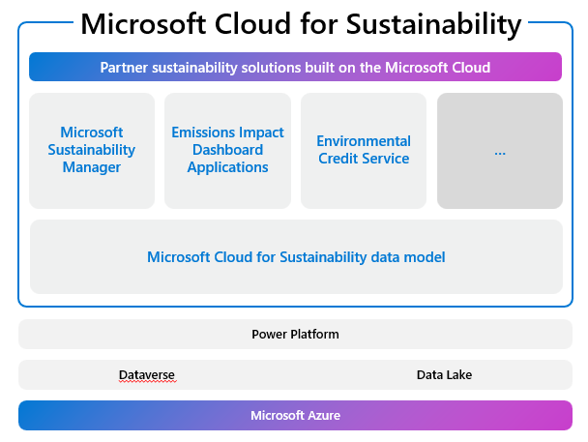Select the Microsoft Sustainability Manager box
91,150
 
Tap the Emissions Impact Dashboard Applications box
227,150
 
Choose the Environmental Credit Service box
364,150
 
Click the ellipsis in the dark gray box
500,152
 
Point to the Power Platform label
295,335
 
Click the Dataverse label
147,374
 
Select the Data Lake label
444,374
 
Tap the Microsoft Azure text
295,415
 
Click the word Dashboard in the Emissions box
227,150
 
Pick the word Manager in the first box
91,167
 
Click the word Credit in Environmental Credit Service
339,159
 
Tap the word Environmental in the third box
364,141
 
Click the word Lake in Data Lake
458,374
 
